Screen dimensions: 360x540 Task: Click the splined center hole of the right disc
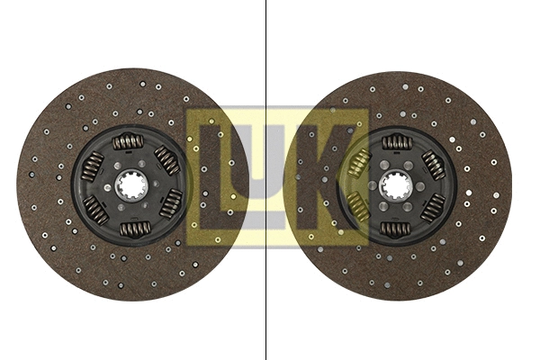(x=395, y=185)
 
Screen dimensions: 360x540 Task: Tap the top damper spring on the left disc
(x=128, y=141)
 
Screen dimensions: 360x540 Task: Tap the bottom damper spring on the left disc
(x=135, y=229)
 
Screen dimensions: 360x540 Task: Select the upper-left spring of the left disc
(x=93, y=166)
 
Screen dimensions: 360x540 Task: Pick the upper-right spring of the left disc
(x=166, y=160)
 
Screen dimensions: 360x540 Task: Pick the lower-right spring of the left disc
(x=170, y=204)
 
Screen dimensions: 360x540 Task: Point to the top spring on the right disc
(x=396, y=142)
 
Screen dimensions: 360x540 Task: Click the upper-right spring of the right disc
(x=433, y=164)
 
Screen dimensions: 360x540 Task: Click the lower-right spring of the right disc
(x=433, y=207)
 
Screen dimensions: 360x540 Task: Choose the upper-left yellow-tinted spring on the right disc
(x=358, y=164)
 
